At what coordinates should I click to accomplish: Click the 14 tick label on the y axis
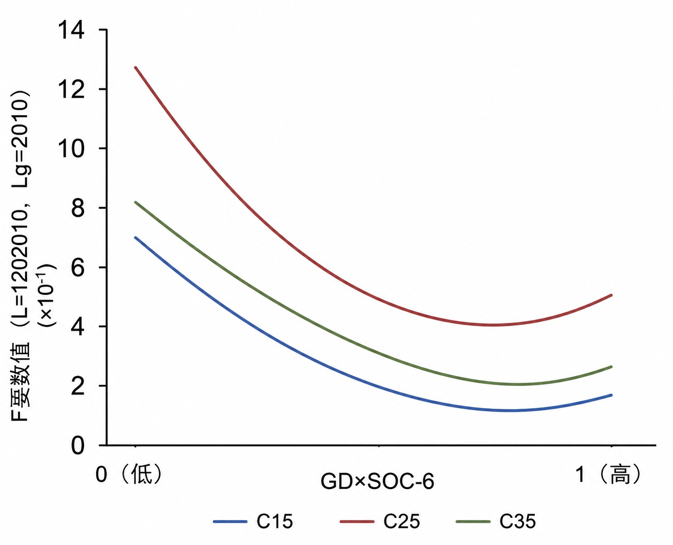pos(72,30)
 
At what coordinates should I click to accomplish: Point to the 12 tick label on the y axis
pos(72,89)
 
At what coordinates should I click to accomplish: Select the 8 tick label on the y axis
pos(78,208)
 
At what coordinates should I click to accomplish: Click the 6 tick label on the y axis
pos(78,267)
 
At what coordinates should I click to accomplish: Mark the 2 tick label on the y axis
pos(78,386)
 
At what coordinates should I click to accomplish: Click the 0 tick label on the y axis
pos(78,445)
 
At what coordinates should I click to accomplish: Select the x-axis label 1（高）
pos(608,474)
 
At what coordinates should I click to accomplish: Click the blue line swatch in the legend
pos(229,522)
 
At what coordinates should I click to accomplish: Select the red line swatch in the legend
pos(357,522)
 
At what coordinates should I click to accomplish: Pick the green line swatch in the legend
pos(473,522)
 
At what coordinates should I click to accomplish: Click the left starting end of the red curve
pos(136,68)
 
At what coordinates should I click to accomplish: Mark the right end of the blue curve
pos(611,395)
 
